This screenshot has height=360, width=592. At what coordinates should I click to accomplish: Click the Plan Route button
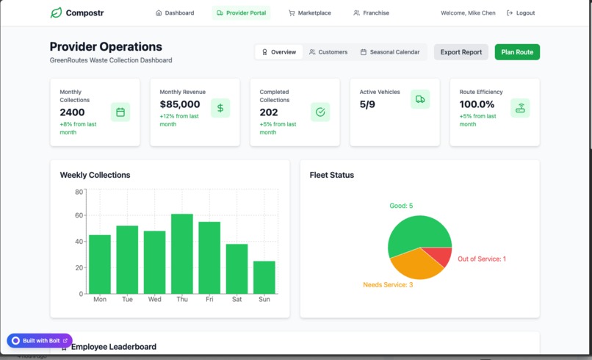pos(517,52)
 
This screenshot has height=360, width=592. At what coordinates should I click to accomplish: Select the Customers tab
pos(328,52)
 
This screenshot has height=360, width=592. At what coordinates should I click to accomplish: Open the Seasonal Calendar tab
pos(390,52)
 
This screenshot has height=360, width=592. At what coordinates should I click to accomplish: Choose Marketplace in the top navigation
pos(309,13)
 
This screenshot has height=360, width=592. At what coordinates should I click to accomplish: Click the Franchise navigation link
pos(371,13)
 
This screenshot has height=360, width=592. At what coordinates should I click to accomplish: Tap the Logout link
pos(521,13)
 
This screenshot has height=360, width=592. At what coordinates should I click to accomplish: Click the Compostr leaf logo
pos(56,13)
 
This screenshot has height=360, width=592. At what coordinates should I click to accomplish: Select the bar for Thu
pos(182,253)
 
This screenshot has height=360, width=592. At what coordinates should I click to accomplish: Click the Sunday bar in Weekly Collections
pos(264,277)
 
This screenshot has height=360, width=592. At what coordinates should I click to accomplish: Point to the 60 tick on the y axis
pos(79,215)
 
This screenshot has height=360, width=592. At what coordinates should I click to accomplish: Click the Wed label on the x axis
pos(155,299)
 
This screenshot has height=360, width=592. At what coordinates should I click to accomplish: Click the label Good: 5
pos(401,206)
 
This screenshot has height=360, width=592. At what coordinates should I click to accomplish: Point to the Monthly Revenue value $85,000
pos(180,104)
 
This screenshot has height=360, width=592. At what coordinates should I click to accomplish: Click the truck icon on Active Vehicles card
pos(420,99)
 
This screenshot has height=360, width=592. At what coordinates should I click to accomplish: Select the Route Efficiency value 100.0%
pos(477,104)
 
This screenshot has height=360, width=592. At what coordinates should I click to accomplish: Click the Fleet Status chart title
pos(332,175)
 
